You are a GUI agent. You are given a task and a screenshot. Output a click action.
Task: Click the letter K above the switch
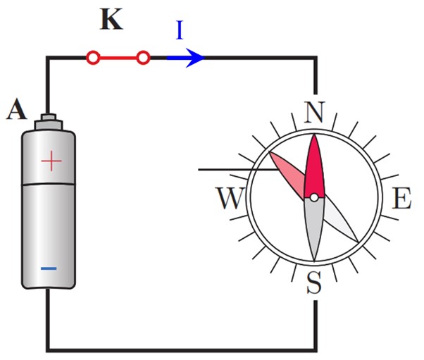(111, 19)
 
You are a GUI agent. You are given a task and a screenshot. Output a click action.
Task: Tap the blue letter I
(180, 30)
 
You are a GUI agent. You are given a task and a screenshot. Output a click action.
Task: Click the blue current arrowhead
(194, 58)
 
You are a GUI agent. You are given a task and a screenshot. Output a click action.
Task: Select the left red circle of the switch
(93, 58)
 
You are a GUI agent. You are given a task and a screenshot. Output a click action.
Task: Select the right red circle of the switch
(143, 58)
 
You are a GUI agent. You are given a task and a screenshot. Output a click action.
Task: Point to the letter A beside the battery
(17, 108)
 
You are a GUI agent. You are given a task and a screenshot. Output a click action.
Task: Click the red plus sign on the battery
(51, 161)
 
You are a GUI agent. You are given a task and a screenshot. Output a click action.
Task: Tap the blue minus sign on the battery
(49, 268)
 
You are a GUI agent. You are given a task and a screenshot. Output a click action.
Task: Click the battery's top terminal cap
(49, 122)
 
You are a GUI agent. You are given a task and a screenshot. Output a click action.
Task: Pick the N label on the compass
(313, 112)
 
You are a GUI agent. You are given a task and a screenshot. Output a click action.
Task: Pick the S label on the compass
(314, 283)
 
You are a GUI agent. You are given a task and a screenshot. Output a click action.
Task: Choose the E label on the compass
(401, 198)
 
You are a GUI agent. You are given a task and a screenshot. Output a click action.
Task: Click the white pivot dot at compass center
(314, 198)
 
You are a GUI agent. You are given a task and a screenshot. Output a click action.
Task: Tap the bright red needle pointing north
(314, 166)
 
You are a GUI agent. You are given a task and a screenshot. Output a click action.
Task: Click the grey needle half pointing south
(314, 228)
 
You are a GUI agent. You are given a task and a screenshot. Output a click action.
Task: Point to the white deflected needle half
(341, 218)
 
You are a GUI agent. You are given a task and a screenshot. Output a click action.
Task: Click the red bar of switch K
(118, 58)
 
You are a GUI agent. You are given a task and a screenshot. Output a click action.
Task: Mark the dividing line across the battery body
(49, 185)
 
